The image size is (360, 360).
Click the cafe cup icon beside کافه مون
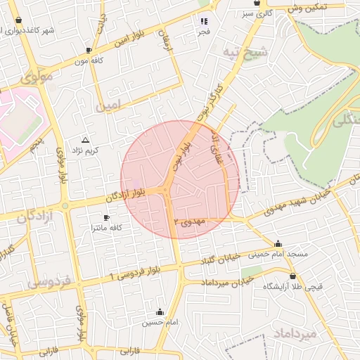click(89, 51)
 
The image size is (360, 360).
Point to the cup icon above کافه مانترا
click(106, 218)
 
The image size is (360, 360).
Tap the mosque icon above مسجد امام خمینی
click(278, 243)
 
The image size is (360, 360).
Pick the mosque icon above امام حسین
click(160, 312)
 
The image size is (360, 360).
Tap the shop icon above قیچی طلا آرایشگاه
click(292, 276)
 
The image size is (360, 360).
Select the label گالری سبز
click(256, 13)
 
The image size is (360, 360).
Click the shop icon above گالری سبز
click(257, 4)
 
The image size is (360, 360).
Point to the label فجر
click(203, 32)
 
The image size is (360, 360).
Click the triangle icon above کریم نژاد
click(86, 141)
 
